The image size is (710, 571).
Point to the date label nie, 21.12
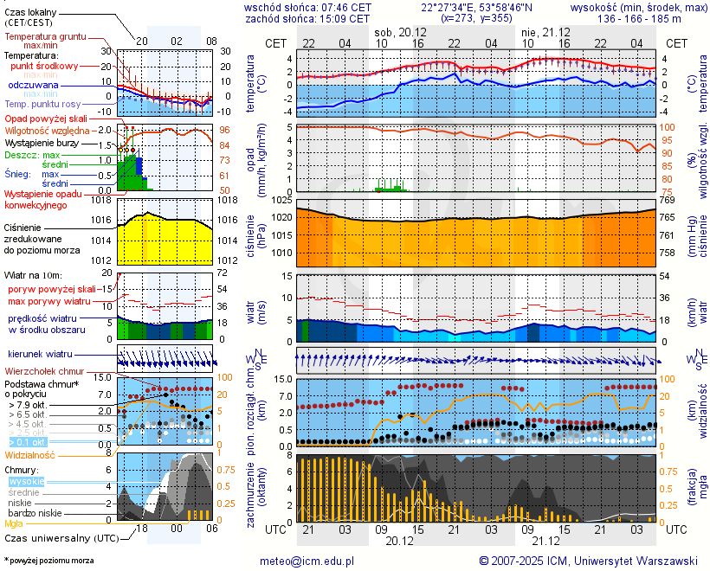[545, 31]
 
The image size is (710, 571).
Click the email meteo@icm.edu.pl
[307, 561]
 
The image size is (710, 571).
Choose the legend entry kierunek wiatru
[41, 355]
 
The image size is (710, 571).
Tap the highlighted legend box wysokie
[25, 480]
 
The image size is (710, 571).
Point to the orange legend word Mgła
[14, 523]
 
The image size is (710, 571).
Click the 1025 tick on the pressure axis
[282, 201]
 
